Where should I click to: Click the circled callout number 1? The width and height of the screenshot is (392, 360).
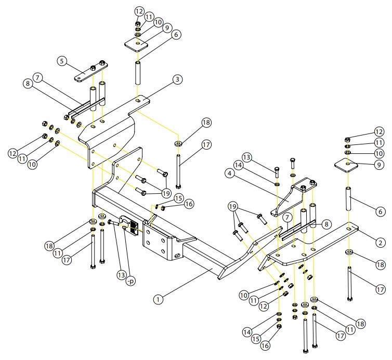click(x=158, y=299)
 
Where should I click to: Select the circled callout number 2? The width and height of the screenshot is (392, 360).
click(x=381, y=243)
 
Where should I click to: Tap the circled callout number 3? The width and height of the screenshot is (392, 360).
click(x=177, y=79)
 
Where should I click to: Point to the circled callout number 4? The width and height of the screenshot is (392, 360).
click(x=229, y=174)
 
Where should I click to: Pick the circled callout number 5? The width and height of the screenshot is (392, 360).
click(x=62, y=61)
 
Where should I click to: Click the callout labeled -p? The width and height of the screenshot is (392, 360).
click(x=130, y=281)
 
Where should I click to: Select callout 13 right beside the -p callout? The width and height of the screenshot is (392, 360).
click(x=122, y=275)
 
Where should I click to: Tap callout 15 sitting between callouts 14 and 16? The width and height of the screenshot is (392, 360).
click(x=256, y=339)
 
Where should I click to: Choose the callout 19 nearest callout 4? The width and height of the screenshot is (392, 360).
click(x=232, y=207)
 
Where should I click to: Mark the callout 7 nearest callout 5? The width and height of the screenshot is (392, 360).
click(x=37, y=78)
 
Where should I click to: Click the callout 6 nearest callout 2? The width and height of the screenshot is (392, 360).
click(x=380, y=212)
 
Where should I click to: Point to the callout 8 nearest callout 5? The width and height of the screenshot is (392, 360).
click(x=28, y=83)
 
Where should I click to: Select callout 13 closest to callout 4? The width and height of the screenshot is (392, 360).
click(x=246, y=157)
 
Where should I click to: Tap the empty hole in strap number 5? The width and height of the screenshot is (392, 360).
click(x=79, y=79)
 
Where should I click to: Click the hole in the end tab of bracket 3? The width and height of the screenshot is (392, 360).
click(x=138, y=100)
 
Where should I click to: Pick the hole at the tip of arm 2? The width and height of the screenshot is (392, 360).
click(x=349, y=229)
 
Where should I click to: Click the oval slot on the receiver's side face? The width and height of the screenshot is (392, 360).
click(x=178, y=256)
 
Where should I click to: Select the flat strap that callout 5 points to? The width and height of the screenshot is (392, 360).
click(x=90, y=72)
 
